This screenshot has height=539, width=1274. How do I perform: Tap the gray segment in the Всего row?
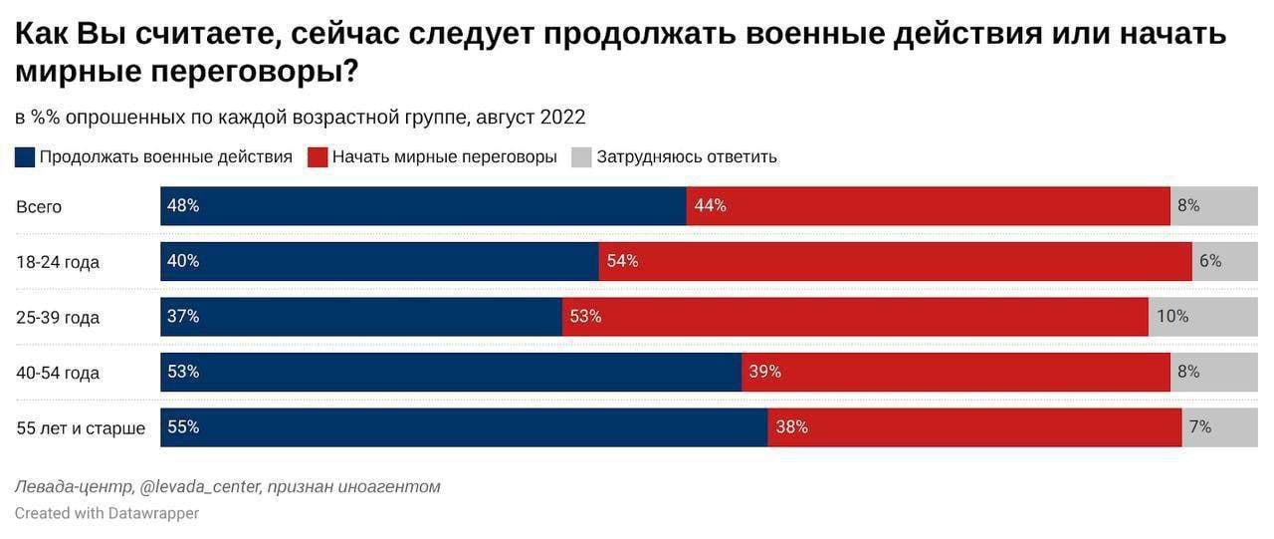point(1214,206)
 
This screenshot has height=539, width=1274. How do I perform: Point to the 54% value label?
point(622,261)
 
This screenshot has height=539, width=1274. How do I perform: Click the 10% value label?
point(1172,317)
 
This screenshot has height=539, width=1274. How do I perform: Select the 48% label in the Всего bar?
point(183,206)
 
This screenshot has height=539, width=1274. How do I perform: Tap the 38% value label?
point(791,427)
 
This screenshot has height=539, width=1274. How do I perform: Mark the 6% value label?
point(1210,261)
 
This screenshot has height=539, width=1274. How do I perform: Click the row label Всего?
point(39,207)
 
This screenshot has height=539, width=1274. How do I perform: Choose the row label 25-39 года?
point(58,318)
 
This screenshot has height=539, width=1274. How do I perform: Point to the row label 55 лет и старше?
point(81,428)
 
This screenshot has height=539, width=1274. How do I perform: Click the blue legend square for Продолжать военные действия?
point(25,157)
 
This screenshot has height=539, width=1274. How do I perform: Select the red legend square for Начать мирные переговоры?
point(318,157)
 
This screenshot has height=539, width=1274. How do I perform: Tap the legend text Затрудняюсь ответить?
point(687,157)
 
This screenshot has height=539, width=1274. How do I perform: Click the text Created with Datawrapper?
point(106,513)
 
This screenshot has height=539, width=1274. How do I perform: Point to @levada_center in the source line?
point(201,487)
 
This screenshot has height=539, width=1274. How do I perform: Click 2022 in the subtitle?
point(562,118)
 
